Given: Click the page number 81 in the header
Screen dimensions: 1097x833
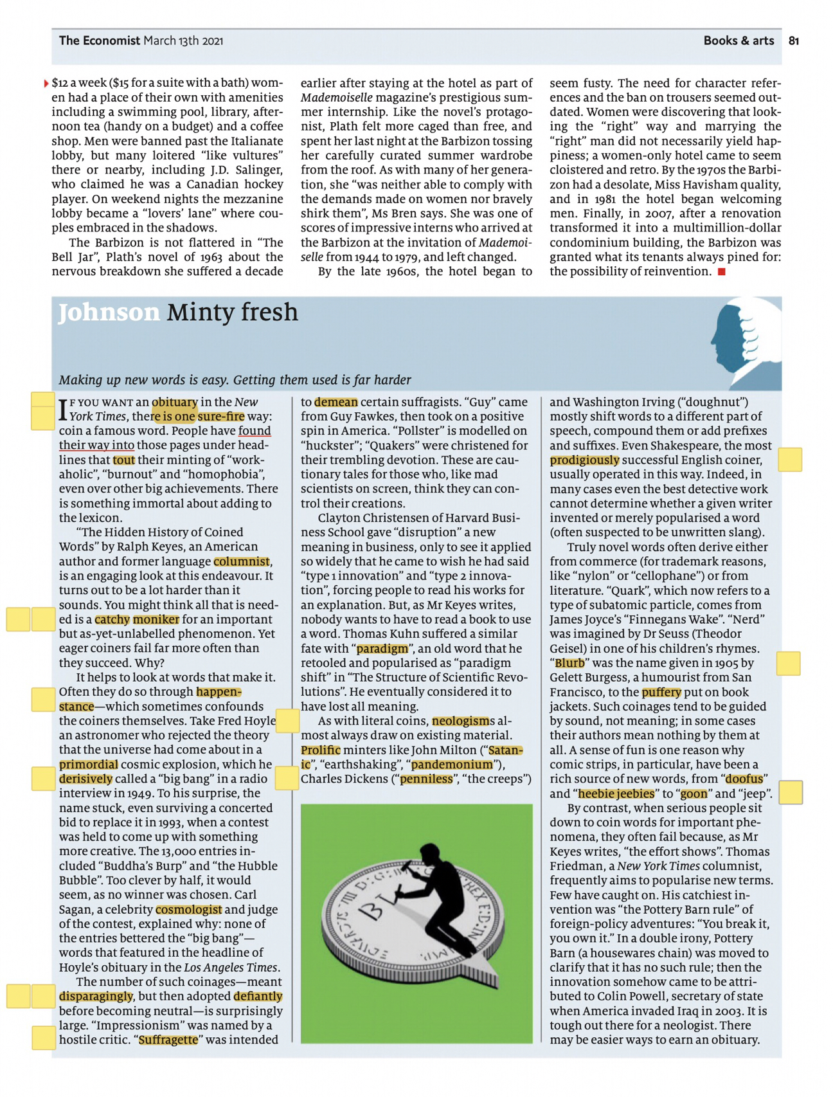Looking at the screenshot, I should point(794,41).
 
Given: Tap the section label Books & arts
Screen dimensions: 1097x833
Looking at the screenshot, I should point(739,41).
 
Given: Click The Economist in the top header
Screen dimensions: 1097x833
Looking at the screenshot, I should point(100,41).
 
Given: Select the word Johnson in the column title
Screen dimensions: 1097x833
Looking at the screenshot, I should point(109,313).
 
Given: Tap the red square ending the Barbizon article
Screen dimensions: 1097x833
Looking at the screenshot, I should point(722,272).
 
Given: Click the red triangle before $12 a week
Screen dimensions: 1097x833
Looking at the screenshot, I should point(46,84).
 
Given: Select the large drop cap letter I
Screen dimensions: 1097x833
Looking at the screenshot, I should point(63,410).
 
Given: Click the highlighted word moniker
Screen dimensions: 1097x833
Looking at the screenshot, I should point(156,620).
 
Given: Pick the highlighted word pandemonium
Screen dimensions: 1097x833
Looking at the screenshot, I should point(452,765).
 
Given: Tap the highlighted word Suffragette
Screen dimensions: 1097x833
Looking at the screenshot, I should point(168,1040).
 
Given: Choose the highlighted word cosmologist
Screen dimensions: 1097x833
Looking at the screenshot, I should point(189,910).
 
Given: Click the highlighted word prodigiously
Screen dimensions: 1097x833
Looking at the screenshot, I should point(584,460).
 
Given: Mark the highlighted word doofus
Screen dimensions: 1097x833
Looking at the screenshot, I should point(744,779).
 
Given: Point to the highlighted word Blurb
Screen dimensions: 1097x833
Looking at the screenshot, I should point(569,663).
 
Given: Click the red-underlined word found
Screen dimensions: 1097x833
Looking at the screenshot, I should point(255,431).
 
